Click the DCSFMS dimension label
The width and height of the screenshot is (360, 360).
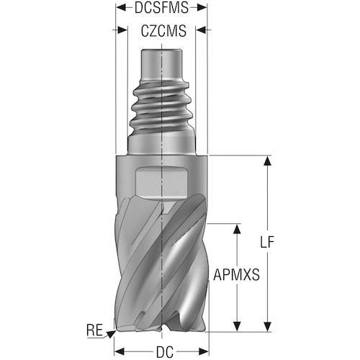tap(161, 7)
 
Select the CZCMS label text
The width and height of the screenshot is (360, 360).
tap(163, 31)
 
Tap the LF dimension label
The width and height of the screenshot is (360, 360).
tap(267, 242)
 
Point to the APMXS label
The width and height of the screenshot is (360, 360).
tap(236, 275)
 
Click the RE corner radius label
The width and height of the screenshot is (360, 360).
tap(94, 330)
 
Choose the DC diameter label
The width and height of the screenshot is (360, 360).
tap(165, 352)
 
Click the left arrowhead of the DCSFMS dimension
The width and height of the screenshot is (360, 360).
tap(121, 7)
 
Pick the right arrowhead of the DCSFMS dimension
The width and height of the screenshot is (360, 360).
tap(202, 7)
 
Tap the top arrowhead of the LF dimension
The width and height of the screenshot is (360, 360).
tap(267, 161)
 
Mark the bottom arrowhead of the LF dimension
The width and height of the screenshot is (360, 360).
tap(267, 327)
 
